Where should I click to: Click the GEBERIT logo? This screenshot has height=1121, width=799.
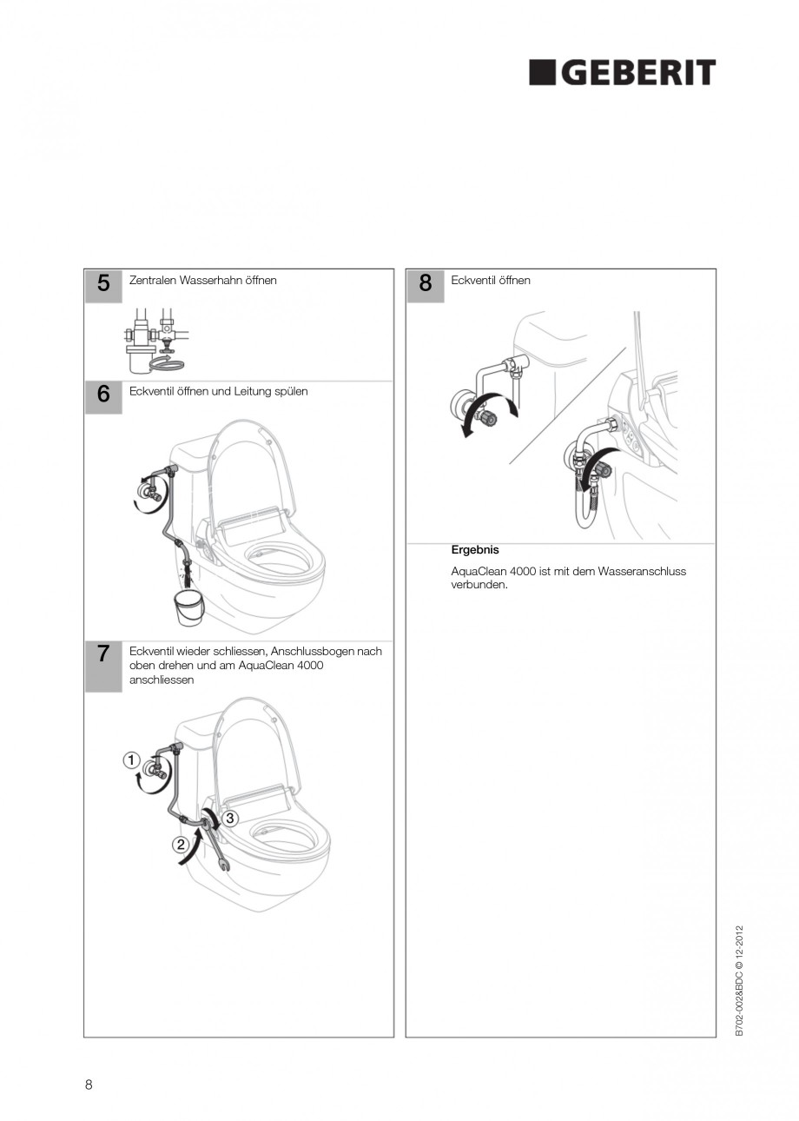coord(622,73)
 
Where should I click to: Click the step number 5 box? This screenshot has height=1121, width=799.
coord(103,285)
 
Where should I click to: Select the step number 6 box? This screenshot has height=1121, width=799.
coord(103,395)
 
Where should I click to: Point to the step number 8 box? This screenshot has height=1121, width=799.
coord(425,285)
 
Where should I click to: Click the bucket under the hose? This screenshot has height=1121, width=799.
coord(188,606)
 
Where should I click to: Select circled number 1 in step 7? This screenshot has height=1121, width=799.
coord(131,760)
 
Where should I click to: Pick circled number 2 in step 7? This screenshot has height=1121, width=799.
coord(181,844)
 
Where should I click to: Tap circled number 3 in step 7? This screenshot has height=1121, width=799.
coord(230,818)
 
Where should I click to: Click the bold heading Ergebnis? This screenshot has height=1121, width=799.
coord(475,550)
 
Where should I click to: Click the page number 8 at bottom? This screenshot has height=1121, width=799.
coord(89,1084)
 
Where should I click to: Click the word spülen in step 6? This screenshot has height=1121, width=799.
coord(290,391)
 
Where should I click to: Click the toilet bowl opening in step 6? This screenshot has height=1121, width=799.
coord(278,559)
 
